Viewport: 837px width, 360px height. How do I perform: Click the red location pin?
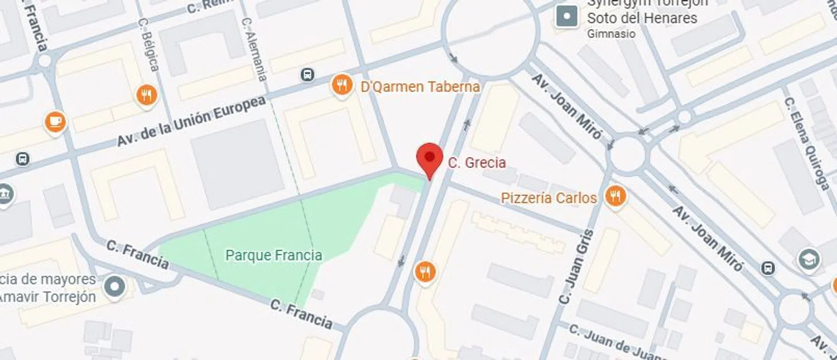430,157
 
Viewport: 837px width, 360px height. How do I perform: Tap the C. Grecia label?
477,163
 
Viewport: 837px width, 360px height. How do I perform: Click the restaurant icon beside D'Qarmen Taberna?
341,85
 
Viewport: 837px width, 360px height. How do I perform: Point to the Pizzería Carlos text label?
549,198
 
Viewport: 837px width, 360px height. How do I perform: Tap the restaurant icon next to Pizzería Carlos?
615,196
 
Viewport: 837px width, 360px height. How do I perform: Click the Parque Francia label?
273,256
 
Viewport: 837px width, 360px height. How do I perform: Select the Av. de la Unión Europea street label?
191,122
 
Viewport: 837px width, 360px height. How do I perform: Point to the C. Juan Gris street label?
573,267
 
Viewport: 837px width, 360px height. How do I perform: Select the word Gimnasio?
611,33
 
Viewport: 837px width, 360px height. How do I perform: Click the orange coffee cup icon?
55,121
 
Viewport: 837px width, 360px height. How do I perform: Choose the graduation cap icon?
809,260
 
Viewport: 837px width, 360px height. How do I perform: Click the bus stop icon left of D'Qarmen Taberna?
307,74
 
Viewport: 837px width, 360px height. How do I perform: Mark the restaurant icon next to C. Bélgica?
146,95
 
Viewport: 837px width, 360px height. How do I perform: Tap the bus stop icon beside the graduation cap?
768,268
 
